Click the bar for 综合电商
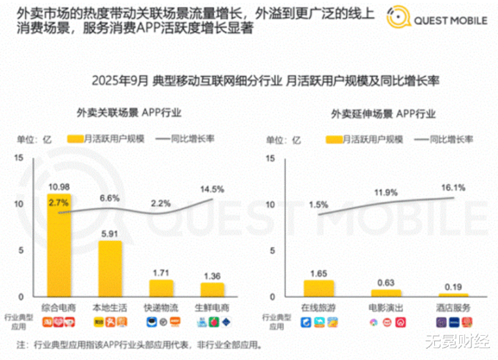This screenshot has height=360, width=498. (58, 246)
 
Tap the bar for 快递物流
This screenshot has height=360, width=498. (161, 288)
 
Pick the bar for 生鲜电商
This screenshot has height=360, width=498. (213, 290)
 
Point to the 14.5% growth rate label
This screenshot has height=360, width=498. (212, 188)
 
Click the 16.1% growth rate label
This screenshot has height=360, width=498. (453, 187)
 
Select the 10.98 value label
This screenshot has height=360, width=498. (59, 188)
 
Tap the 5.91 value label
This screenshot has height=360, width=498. (110, 234)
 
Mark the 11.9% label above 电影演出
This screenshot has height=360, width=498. (385, 192)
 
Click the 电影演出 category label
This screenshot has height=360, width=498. (385, 307)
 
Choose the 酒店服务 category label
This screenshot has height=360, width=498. (454, 307)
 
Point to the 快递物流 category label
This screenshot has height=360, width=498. (161, 307)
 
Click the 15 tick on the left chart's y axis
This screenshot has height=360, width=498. (19, 159)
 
